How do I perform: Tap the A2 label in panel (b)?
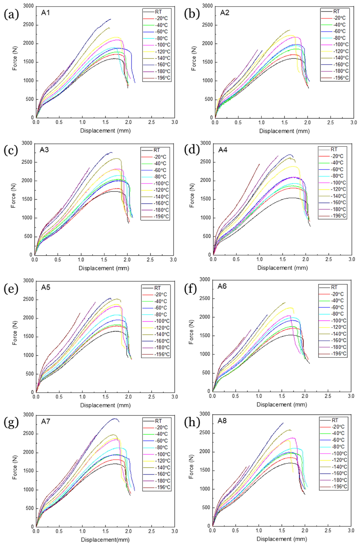click(x=225, y=13)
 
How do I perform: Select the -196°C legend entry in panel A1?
click(x=163, y=78)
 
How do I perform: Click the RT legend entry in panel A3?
click(x=157, y=150)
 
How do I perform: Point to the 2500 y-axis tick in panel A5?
click(x=29, y=299)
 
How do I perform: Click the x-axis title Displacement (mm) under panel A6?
click(x=282, y=405)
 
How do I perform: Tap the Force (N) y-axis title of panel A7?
click(x=15, y=470)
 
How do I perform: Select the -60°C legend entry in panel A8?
click(x=338, y=440)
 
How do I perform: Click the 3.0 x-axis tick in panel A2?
click(x=354, y=122)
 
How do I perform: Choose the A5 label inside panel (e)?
click(x=46, y=288)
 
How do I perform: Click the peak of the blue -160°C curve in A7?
click(x=114, y=419)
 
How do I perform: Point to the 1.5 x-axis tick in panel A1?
click(x=105, y=122)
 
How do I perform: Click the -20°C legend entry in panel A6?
click(x=338, y=294)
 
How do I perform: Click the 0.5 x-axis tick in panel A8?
click(x=236, y=530)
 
